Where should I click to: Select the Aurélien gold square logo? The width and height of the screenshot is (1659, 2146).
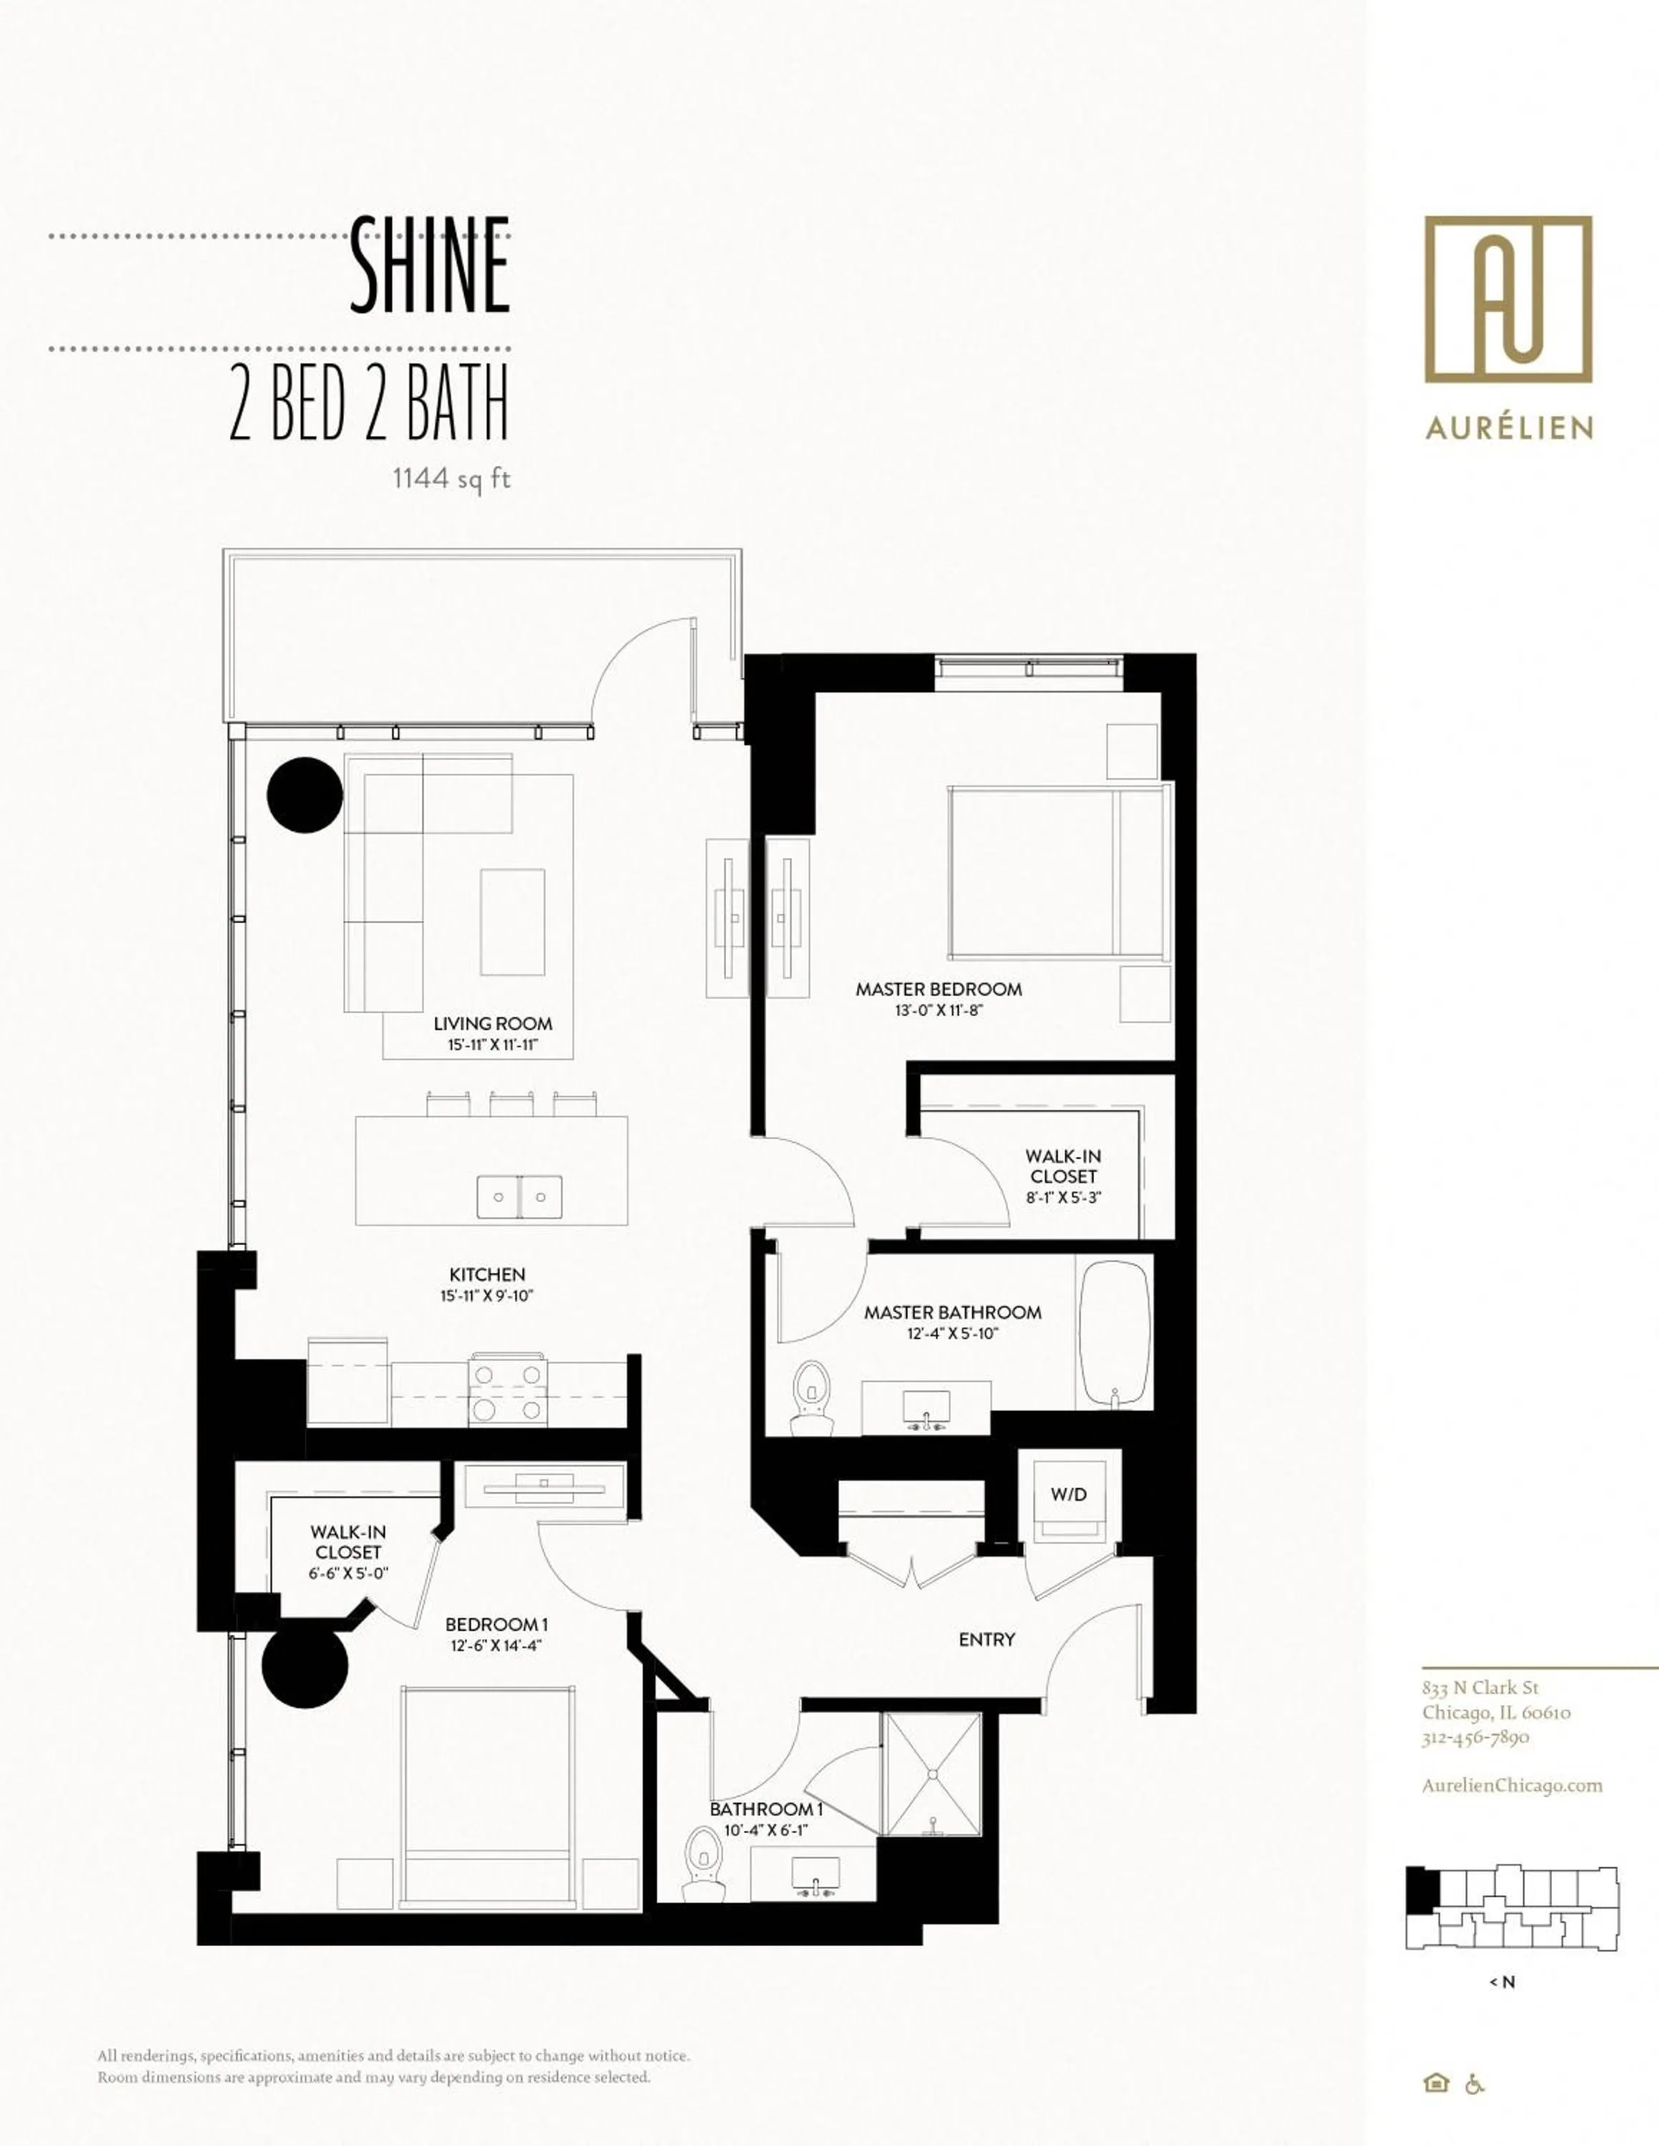pyautogui.click(x=1508, y=299)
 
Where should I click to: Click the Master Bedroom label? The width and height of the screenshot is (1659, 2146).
pyautogui.click(x=938, y=989)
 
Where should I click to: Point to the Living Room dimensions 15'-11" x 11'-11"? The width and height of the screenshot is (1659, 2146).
pyautogui.click(x=493, y=1046)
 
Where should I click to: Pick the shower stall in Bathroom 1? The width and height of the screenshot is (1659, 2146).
pyautogui.click(x=930, y=1773)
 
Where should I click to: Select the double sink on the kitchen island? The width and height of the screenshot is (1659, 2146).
pyautogui.click(x=520, y=1197)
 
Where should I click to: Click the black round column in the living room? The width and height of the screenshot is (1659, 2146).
pyautogui.click(x=305, y=795)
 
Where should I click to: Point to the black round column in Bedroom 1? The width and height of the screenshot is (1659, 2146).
pyautogui.click(x=305, y=1667)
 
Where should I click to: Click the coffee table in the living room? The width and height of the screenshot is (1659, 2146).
pyautogui.click(x=512, y=921)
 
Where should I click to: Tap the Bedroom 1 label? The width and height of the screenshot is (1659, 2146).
pyautogui.click(x=496, y=1625)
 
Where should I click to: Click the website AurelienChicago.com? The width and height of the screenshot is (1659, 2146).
pyautogui.click(x=1512, y=1785)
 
